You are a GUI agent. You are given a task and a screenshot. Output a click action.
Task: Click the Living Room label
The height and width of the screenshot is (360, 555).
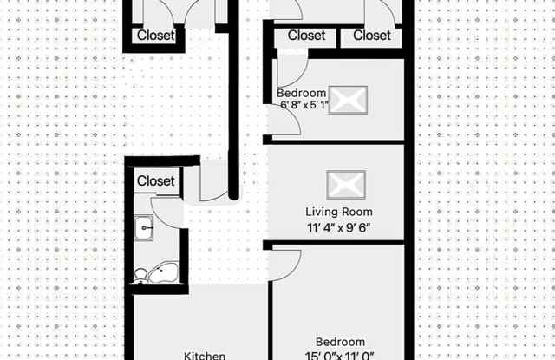(339, 212)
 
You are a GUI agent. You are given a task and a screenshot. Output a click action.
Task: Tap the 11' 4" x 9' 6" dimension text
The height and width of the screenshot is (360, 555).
(339, 227)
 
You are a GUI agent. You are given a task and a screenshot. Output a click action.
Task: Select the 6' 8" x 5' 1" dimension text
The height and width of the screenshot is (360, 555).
(304, 105)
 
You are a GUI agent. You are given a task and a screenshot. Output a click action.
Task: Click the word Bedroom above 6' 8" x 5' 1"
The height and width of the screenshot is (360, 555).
(301, 93)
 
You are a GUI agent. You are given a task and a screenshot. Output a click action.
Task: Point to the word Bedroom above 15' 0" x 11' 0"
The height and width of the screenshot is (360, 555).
(340, 342)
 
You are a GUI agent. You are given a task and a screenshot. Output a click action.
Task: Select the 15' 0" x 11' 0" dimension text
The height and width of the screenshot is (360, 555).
(339, 356)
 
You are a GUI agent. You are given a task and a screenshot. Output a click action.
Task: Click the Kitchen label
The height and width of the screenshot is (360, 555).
(205, 356)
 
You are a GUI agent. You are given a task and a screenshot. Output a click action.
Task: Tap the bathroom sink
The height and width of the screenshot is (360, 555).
(144, 228)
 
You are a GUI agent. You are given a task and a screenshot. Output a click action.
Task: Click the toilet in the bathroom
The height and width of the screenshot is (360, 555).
(140, 276)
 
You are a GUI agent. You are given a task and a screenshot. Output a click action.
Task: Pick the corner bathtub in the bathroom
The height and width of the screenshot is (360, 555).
(164, 272)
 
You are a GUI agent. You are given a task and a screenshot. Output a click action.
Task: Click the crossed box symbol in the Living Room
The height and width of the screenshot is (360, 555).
(346, 185)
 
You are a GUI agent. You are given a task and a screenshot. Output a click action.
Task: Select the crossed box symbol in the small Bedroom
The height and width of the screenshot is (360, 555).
(348, 100)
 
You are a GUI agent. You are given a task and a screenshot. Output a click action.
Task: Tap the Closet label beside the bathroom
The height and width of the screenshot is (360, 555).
(156, 181)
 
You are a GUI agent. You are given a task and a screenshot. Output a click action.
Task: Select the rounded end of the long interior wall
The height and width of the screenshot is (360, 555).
(233, 195)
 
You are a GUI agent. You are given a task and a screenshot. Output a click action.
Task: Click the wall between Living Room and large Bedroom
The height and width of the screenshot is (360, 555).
(334, 243)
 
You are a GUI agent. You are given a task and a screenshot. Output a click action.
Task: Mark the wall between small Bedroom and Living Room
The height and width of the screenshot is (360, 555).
(334, 142)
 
